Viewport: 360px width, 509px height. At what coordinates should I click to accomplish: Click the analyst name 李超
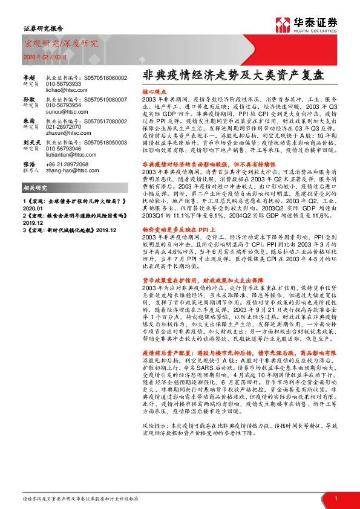tap(29, 77)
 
